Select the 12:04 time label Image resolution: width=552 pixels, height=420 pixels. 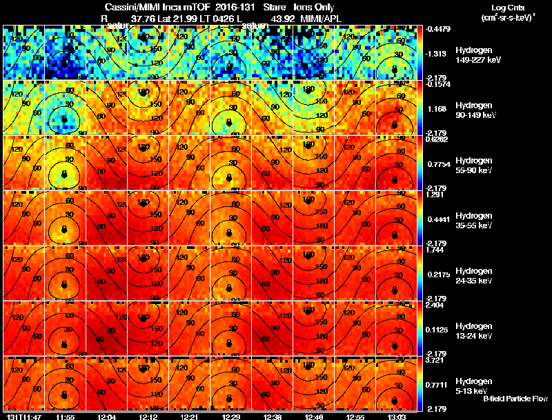[106, 417]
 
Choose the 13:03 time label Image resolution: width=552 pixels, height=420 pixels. [395, 417]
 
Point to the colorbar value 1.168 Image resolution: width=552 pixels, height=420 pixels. [435, 109]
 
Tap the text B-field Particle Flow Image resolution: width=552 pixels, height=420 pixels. [515, 399]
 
